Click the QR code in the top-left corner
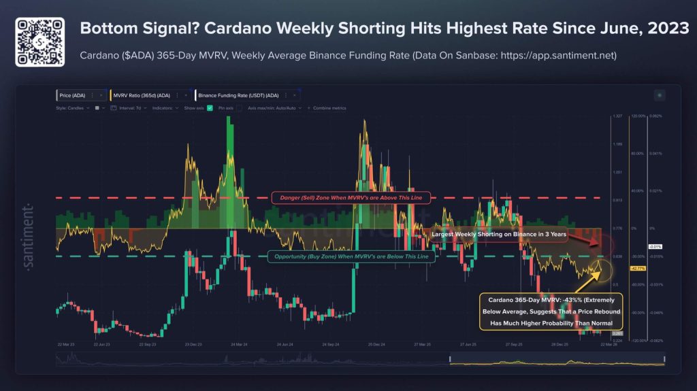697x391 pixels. coord(39,42)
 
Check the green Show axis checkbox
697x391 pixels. coord(210,107)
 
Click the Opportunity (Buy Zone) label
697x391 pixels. coord(347,256)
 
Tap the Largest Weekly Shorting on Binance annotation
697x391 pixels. coord(499,234)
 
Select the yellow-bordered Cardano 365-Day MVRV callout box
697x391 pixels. coord(547,311)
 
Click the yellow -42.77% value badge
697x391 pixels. coord(638,269)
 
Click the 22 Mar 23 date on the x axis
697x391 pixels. coord(65,345)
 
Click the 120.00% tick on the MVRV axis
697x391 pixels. coord(638,116)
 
